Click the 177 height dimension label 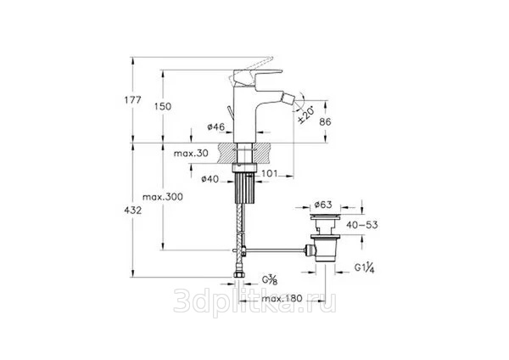coord(133,99)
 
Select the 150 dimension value coord(163,106)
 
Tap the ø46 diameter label coord(215,127)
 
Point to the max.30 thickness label coord(191,153)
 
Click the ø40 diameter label coord(210,178)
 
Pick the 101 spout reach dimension coord(270,173)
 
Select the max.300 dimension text coord(163,197)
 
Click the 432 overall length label coord(133,211)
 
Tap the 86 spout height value coord(325,122)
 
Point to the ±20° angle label coord(306,115)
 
